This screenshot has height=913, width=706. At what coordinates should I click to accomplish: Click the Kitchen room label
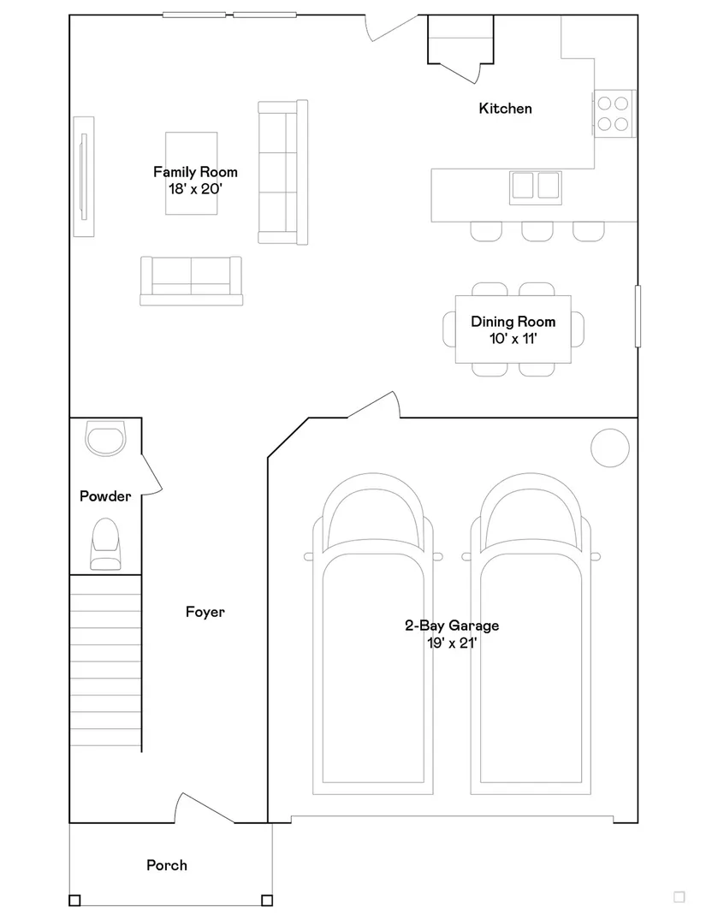point(505,109)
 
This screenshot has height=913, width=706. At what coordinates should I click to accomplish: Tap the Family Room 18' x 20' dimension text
point(195,188)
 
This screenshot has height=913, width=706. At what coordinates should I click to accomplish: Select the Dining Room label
point(513,322)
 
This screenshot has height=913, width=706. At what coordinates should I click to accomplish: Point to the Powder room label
point(105,496)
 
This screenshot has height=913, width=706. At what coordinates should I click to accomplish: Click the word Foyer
point(205,612)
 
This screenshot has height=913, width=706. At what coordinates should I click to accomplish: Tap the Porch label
point(167,865)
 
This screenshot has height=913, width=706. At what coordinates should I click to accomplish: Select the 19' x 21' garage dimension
point(452,643)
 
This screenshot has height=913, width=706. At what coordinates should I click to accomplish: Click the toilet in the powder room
point(105,544)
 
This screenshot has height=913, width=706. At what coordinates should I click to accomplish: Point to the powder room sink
point(105,438)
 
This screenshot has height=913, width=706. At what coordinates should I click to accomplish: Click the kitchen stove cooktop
point(614,114)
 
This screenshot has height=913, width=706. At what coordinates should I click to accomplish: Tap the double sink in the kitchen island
point(536,187)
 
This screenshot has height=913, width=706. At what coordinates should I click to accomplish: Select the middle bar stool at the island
point(537,231)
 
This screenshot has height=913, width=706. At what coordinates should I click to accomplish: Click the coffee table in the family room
point(191,174)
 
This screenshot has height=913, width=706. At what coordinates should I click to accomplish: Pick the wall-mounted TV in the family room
point(84,176)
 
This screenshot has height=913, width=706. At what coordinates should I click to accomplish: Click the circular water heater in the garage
point(610,448)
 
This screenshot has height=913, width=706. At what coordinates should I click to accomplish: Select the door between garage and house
point(373,405)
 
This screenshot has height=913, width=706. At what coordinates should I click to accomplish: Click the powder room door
point(151,475)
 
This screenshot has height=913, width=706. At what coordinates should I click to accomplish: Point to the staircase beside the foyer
point(105,662)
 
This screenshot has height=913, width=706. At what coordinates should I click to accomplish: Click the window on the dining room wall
point(638,317)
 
